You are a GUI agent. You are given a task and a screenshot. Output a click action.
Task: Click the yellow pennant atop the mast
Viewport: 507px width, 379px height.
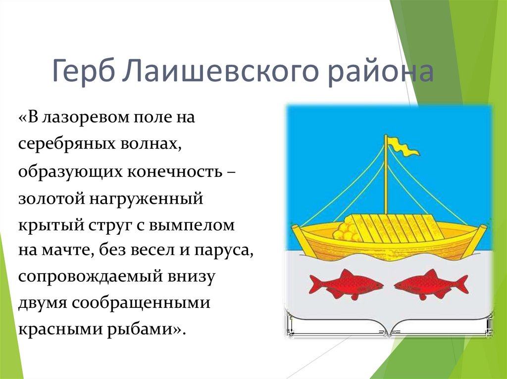click(x=403, y=146)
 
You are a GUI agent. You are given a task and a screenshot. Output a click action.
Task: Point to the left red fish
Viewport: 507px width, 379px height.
click(x=346, y=284)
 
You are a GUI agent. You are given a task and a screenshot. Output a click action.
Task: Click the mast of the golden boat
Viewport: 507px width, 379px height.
click(x=386, y=178)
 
